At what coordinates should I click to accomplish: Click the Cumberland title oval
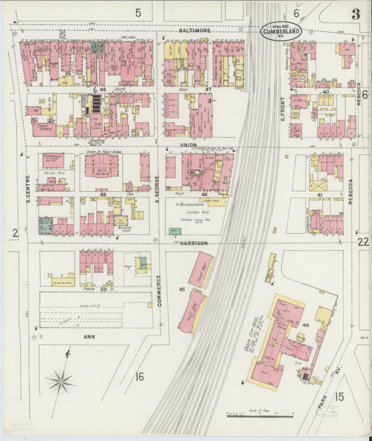point(281,31)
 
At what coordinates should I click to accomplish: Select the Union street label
point(187,145)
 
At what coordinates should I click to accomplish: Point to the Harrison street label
point(195,244)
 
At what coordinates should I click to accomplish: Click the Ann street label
point(89,336)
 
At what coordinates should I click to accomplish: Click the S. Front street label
point(283,106)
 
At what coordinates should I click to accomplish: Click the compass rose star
point(61,381)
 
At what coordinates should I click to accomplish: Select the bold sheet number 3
point(356,14)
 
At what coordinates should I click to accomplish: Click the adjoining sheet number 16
point(140,377)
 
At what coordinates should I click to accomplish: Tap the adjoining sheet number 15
point(339,397)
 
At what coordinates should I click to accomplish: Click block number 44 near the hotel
point(306,325)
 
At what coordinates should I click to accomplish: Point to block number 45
point(181,289)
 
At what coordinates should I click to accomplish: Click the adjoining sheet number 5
point(138,12)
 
